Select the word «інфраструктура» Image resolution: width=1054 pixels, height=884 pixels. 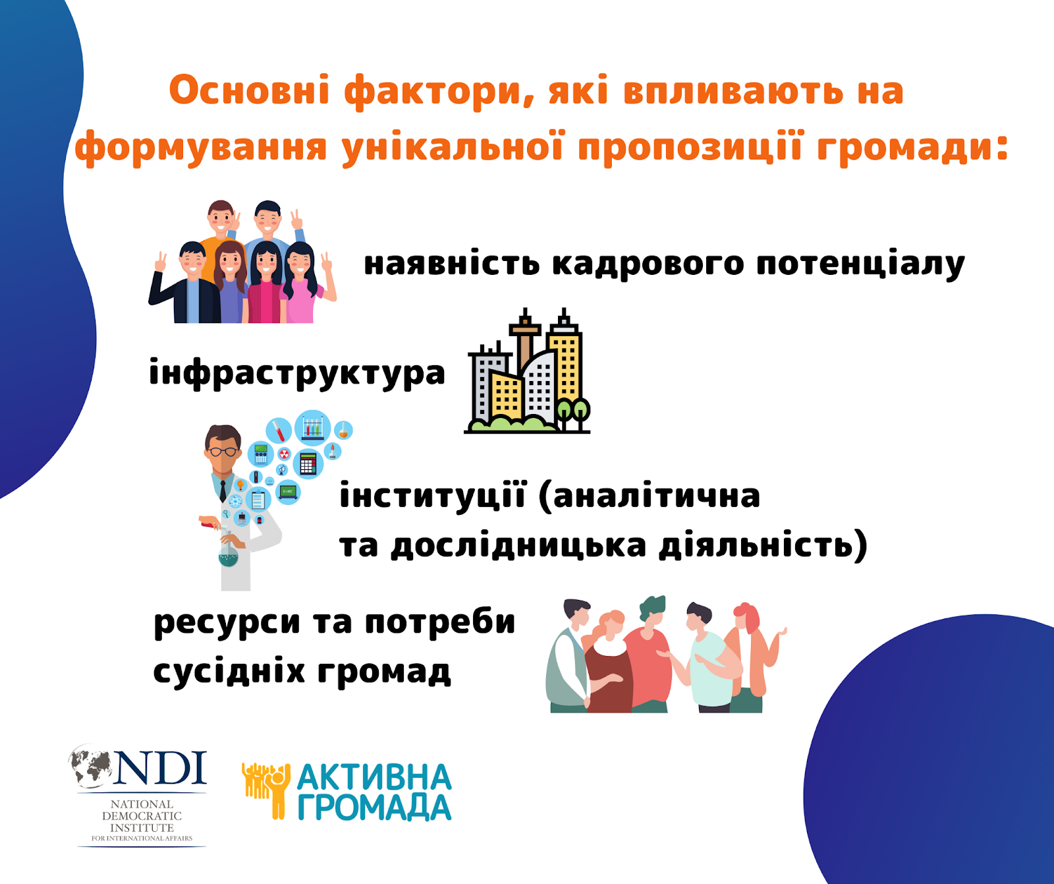click(x=297, y=374)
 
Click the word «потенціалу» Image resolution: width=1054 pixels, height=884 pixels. click(x=860, y=264)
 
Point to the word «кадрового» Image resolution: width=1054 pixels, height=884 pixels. click(x=649, y=264)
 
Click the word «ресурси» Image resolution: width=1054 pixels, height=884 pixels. click(x=227, y=623)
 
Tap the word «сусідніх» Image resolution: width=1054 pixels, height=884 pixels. click(x=229, y=672)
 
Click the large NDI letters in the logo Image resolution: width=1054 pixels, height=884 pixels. click(x=161, y=768)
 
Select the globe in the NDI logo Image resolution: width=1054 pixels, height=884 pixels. click(x=92, y=767)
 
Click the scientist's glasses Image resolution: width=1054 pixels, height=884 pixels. click(x=223, y=452)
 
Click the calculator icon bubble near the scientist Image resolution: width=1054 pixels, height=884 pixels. click(x=308, y=463)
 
